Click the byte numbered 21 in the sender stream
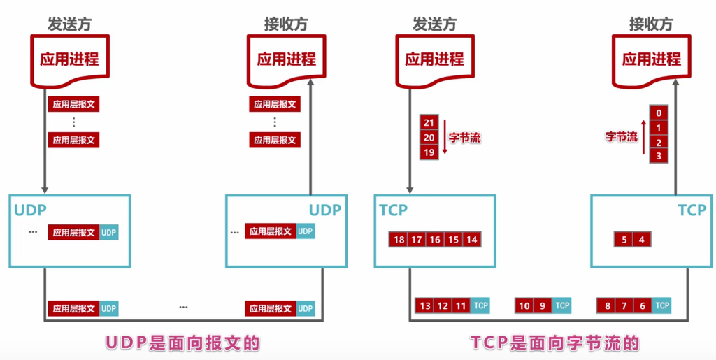click(429, 122)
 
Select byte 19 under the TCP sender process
click(429, 152)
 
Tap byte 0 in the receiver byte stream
click(658, 113)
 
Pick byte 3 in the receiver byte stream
click(658, 157)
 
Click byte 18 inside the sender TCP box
click(399, 240)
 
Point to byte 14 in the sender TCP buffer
click(472, 240)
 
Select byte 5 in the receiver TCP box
click(624, 240)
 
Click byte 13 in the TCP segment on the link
click(424, 305)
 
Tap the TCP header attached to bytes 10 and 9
click(562, 305)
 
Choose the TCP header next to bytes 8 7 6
click(662, 305)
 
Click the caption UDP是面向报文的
click(182, 343)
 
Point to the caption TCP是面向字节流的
click(555, 343)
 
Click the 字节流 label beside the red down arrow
click(465, 138)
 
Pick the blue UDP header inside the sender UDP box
click(109, 233)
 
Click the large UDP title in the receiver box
click(324, 210)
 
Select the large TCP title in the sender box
click(394, 210)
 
